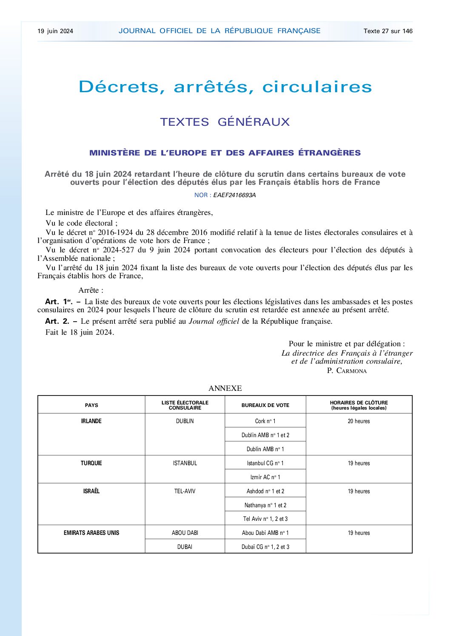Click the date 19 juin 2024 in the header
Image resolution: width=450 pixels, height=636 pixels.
point(55,31)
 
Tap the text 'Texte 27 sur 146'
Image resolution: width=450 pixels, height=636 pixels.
point(388,31)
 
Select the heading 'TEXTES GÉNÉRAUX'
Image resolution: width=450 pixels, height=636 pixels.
point(225,122)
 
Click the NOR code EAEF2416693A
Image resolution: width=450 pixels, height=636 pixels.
point(234,195)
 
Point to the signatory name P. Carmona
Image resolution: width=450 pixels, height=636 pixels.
point(347,370)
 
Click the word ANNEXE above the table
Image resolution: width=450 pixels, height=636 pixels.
point(225,388)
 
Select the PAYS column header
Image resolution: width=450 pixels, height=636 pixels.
point(91,405)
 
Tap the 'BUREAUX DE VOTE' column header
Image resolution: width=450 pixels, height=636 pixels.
point(265,405)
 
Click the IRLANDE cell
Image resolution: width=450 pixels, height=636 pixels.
point(91,421)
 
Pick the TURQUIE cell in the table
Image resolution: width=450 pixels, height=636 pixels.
point(91,463)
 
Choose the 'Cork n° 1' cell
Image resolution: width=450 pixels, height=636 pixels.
point(265,421)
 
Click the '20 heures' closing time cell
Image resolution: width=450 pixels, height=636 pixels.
point(359,421)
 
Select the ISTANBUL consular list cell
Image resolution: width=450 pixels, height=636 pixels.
point(185,463)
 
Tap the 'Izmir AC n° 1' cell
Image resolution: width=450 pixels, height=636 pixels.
point(265,477)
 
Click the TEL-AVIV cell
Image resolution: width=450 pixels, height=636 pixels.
point(185,491)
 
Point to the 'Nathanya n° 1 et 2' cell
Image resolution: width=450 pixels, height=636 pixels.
point(265,505)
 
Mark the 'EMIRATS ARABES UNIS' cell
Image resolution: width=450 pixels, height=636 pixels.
point(91,533)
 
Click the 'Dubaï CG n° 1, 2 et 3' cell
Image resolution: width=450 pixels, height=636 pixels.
point(265,547)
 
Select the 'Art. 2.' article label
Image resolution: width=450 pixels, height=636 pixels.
point(57,321)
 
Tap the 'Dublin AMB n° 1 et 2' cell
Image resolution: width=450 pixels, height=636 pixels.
point(265,435)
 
